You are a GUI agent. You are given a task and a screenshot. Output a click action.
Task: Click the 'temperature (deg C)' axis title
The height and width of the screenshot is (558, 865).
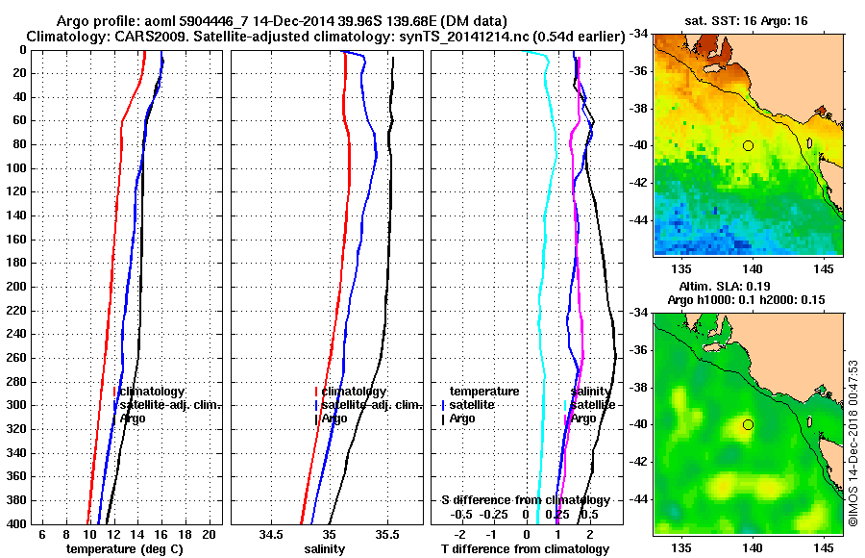point(124,549)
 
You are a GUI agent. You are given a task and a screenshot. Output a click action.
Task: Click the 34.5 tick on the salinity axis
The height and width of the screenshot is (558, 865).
point(271,534)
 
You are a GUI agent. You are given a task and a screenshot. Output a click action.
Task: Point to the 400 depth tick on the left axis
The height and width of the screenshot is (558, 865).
point(18,523)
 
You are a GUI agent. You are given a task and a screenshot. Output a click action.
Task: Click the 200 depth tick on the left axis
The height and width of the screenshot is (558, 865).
point(18,287)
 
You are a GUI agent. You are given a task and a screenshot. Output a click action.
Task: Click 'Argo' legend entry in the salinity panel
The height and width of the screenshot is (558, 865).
point(334,418)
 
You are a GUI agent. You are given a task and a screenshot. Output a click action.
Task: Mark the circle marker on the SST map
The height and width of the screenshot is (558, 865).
point(748,145)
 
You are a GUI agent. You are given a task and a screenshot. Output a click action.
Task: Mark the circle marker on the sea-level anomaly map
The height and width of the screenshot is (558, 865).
point(748,424)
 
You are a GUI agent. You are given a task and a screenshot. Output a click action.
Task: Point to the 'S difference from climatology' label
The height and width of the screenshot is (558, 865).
point(525,500)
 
